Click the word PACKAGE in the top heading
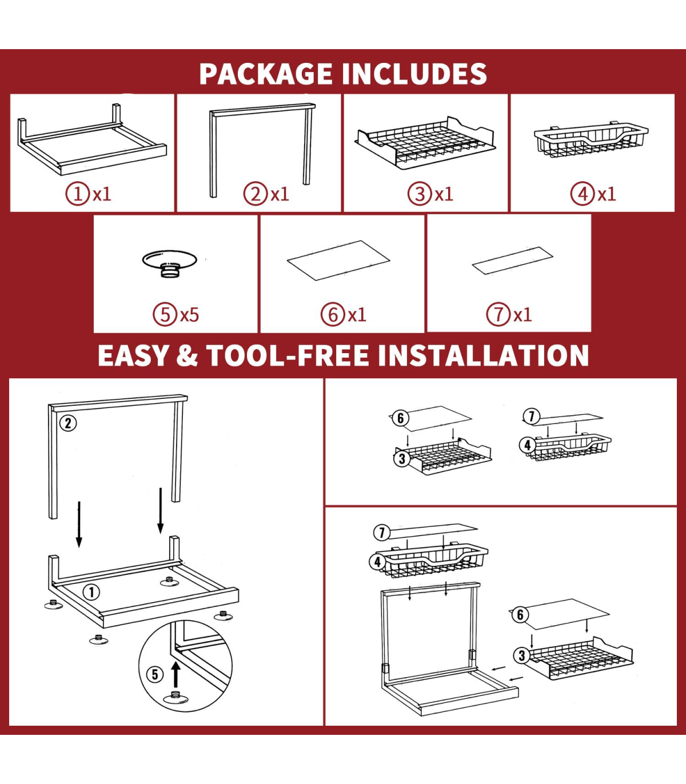[266, 74]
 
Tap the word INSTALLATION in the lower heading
[483, 355]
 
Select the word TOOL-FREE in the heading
[288, 355]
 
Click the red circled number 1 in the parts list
[78, 194]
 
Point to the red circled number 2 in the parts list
[256, 194]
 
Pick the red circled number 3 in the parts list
[420, 194]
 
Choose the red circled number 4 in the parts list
[583, 194]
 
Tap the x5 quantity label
[190, 315]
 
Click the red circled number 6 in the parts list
[333, 315]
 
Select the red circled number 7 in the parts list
[498, 315]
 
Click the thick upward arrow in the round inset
[176, 674]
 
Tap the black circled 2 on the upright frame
[68, 423]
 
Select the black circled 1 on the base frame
[91, 592]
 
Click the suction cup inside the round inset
[176, 698]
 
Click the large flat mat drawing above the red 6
[338, 260]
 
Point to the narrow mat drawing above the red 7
[512, 261]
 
